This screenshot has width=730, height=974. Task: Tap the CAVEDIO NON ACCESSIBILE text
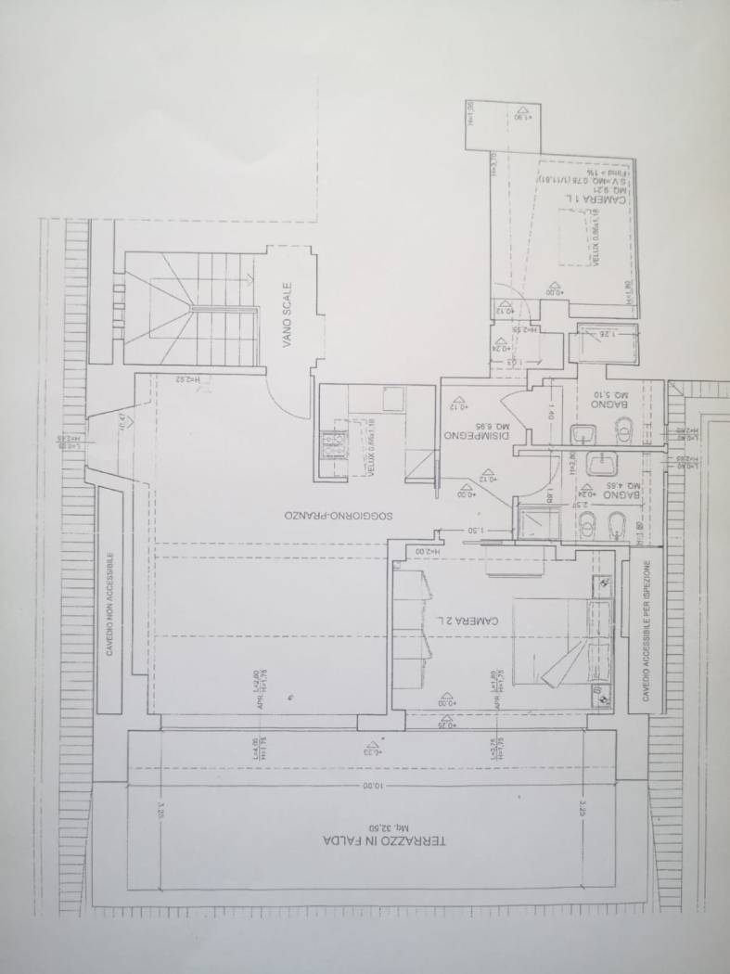tap(109, 605)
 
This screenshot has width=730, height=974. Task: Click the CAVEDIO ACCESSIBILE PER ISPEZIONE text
tap(647, 632)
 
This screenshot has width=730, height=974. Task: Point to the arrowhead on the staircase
tap(251, 276)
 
